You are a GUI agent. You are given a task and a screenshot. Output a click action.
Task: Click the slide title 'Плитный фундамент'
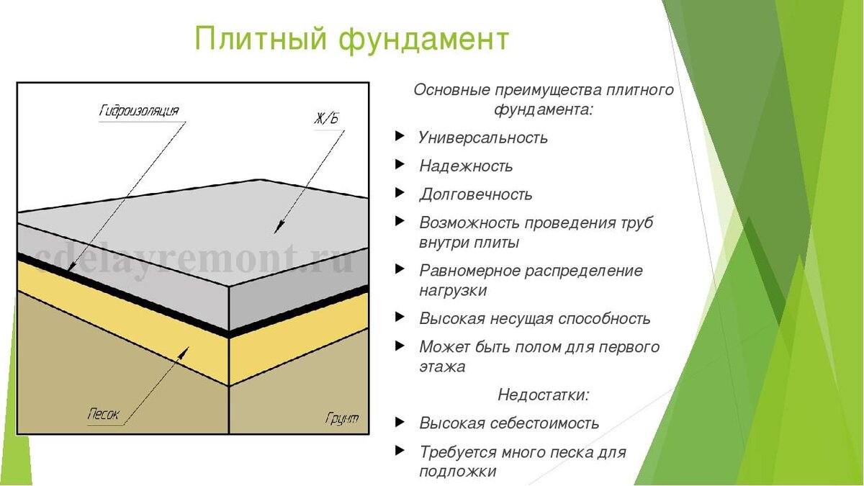(x=352, y=39)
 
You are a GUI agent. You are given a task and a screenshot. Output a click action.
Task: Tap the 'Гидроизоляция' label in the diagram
(x=138, y=111)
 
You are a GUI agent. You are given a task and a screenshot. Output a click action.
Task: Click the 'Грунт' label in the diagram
(x=342, y=418)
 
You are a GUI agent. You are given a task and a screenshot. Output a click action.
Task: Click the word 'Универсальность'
(x=483, y=138)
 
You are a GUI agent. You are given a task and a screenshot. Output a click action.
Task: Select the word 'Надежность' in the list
(x=466, y=166)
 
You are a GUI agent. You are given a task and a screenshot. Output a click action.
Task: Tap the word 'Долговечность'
(x=476, y=194)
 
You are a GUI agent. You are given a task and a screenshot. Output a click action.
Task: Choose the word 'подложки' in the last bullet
(x=458, y=472)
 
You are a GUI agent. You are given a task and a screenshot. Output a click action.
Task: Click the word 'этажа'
(x=442, y=366)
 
